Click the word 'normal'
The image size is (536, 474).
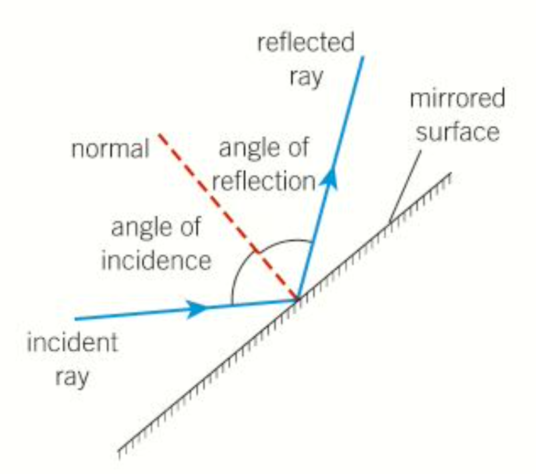[x=110, y=149]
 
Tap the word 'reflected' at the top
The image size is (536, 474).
[x=306, y=45]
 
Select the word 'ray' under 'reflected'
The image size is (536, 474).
[x=306, y=75]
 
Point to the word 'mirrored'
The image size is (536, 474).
[x=457, y=100]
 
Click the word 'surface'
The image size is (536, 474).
[x=458, y=132]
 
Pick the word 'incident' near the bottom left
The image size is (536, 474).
[x=72, y=343]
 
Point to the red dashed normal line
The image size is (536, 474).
[x=227, y=216]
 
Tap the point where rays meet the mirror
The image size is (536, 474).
[x=297, y=300]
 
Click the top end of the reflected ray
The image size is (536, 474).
[x=363, y=57]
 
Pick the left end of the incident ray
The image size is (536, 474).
[x=76, y=318]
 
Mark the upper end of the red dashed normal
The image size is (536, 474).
[x=159, y=135]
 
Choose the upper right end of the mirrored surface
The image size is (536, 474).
[x=450, y=175]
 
